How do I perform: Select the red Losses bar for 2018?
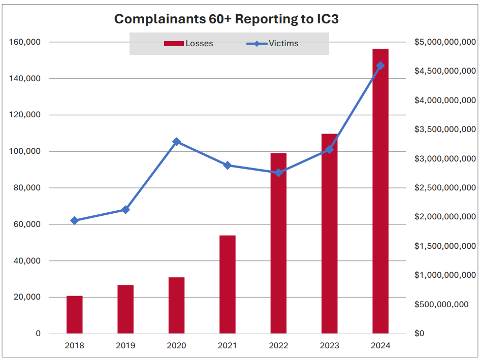75,315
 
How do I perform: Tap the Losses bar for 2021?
227,284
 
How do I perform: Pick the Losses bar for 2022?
278,244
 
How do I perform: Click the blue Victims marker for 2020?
176,142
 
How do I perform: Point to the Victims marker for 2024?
380,66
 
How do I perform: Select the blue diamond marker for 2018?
75,220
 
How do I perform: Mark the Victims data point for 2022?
278,173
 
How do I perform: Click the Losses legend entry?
188,44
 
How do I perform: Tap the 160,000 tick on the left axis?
25,42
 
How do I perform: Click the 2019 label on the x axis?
125,346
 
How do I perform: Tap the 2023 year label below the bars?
329,346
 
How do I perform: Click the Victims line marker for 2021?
227,165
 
